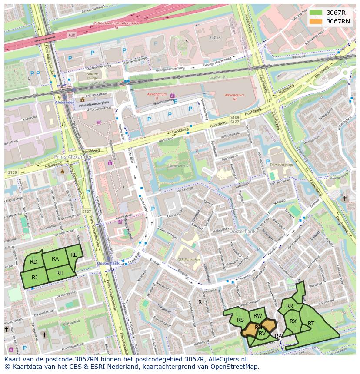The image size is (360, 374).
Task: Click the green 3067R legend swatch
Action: click(316, 13)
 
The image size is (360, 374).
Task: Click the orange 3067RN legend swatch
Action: click(316, 21)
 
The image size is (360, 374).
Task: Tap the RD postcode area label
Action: click(33, 261)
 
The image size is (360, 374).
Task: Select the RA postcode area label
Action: click(55, 259)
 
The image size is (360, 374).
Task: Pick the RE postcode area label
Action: click(74, 255)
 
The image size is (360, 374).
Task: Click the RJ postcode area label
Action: click(34, 278)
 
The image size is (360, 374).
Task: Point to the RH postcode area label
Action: click(60, 273)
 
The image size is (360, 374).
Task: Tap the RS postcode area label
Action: click(240, 320)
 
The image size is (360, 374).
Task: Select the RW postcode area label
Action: click(257, 316)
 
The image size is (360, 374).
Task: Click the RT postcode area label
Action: click(311, 324)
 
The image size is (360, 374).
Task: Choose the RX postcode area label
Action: click(293, 321)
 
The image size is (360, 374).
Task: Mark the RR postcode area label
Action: click(290, 306)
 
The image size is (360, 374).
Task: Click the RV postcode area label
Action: click(262, 334)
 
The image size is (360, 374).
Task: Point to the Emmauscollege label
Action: click(281, 165)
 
